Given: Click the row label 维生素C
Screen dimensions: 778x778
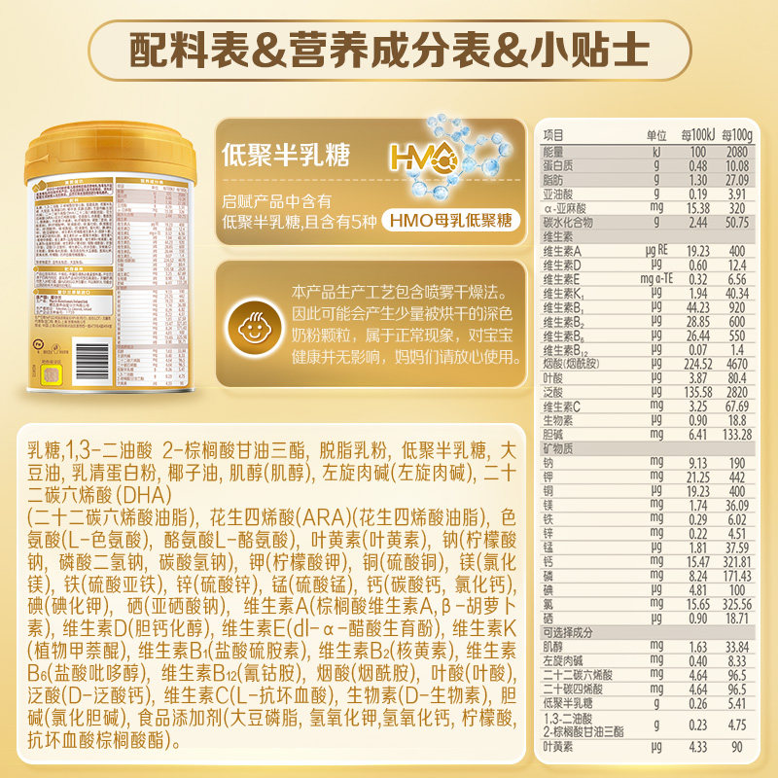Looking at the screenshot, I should [x=562, y=406].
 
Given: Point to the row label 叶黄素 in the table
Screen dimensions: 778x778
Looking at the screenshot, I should [x=557, y=747].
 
